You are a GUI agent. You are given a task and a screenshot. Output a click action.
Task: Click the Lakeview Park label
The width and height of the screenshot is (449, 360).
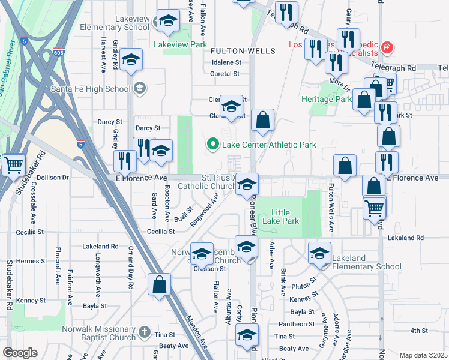180,45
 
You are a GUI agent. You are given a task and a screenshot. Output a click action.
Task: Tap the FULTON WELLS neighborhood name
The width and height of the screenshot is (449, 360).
243,52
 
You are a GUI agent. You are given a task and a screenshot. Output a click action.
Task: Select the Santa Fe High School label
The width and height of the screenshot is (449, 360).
91,89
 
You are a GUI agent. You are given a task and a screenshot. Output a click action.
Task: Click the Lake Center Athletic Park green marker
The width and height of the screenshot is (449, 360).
211,144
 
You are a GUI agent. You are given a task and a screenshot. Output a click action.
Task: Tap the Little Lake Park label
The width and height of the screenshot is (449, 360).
285,217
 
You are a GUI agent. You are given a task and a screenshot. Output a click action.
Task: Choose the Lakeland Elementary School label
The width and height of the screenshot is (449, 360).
366,263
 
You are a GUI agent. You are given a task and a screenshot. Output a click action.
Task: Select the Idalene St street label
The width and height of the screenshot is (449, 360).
225,62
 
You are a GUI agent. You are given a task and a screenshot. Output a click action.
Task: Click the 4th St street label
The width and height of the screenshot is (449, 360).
418,331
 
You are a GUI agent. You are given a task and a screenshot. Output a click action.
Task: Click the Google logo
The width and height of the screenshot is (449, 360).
20,353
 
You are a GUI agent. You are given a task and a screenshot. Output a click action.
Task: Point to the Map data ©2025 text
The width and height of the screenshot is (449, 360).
423,355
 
